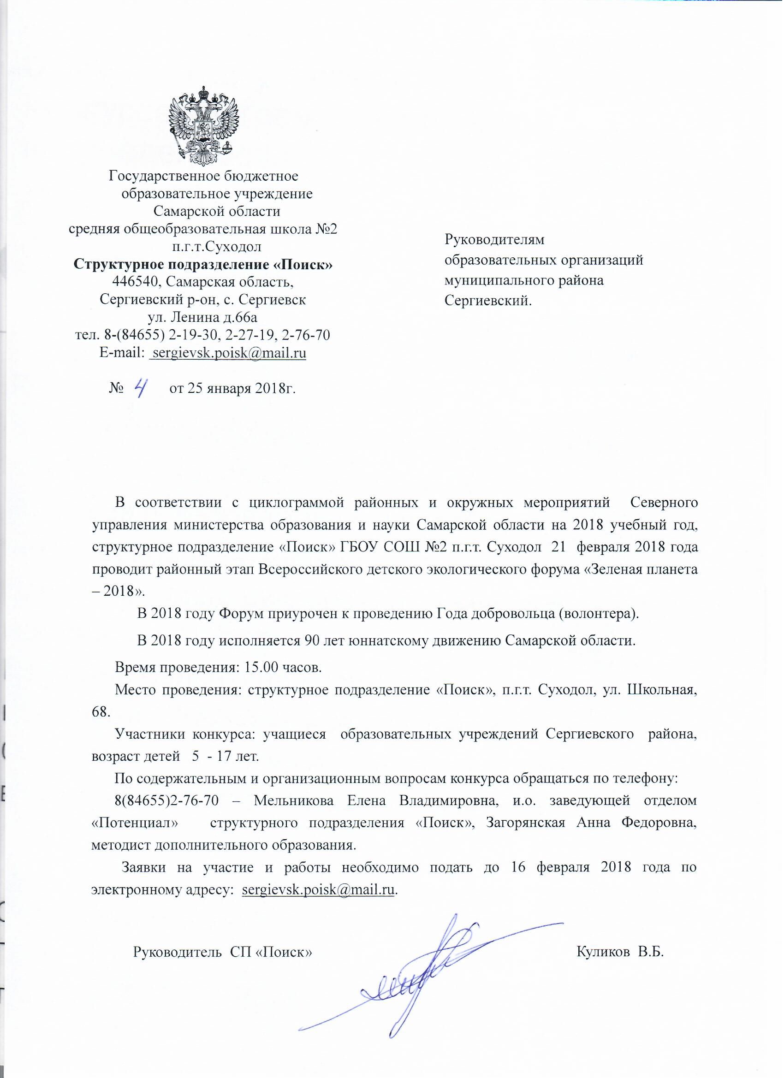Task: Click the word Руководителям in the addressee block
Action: coord(494,240)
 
